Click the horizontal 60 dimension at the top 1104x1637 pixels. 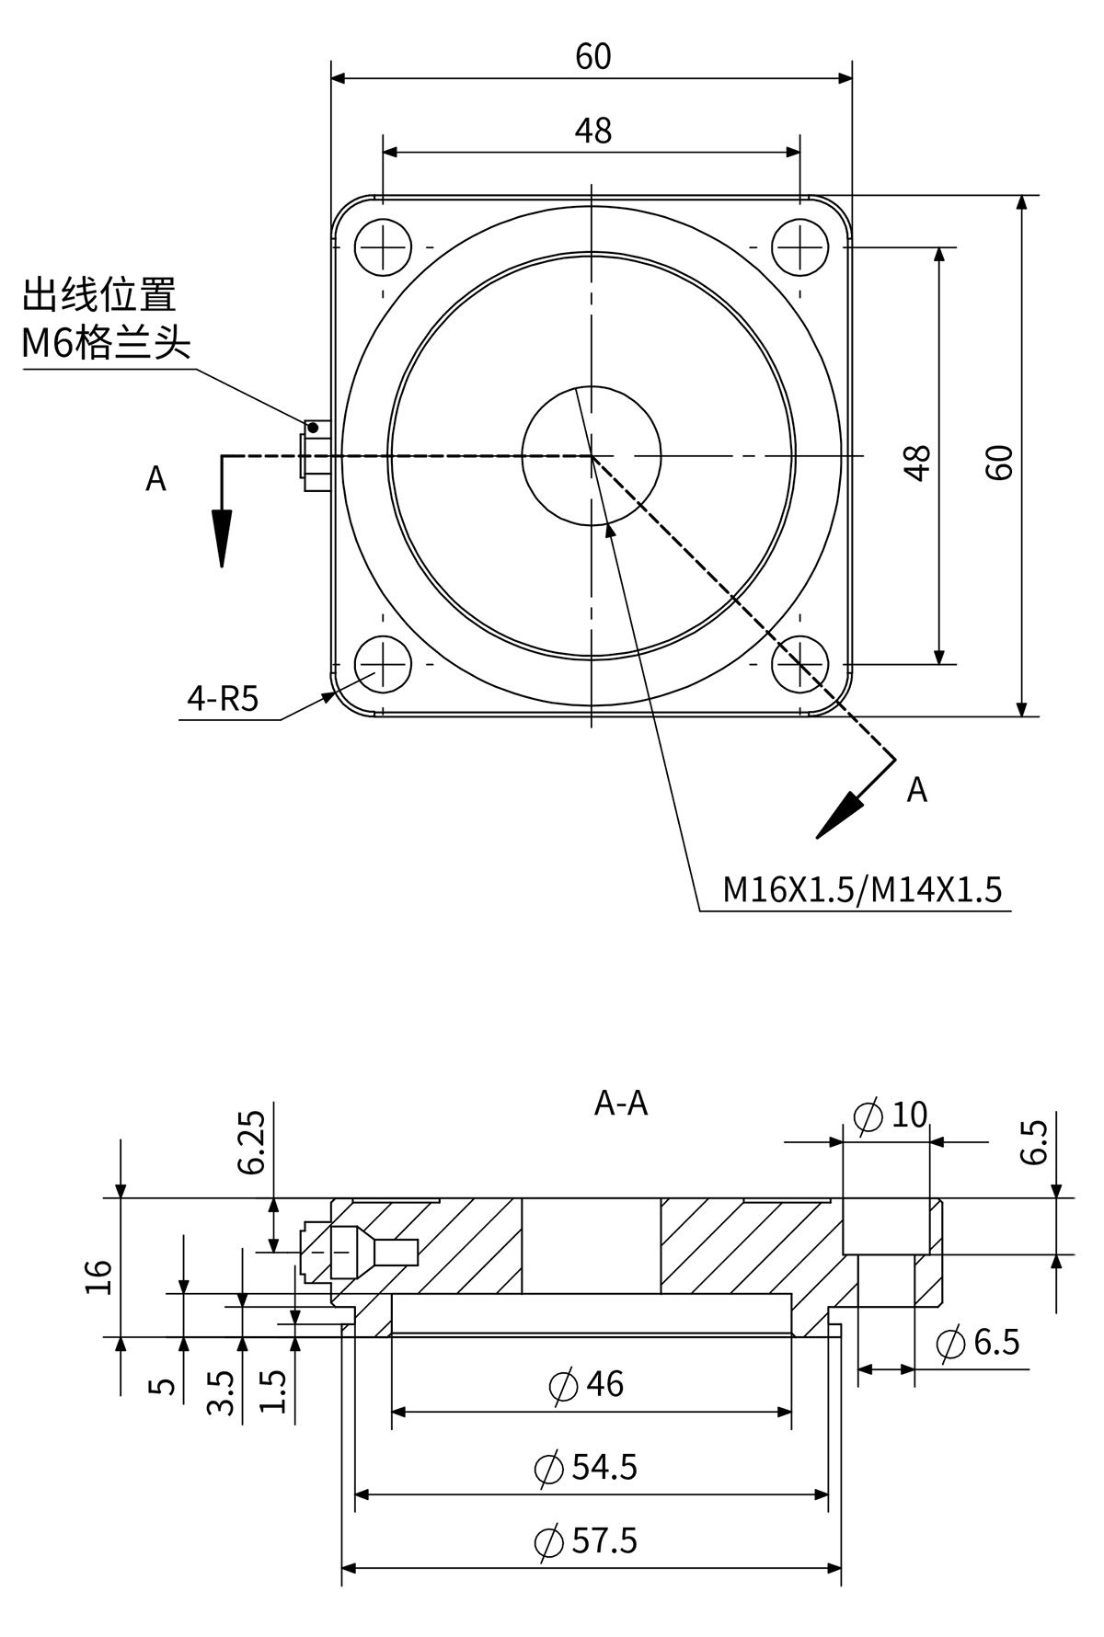[592, 57]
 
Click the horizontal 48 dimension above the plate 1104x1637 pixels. [592, 131]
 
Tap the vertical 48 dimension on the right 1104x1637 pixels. [917, 462]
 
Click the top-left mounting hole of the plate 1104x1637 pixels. [382, 247]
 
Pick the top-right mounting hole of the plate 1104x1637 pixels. [800, 247]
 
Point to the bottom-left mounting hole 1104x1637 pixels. [382, 664]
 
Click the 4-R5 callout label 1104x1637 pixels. [223, 700]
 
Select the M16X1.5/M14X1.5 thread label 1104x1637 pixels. [862, 890]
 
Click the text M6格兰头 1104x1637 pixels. [106, 344]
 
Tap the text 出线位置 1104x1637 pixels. [99, 296]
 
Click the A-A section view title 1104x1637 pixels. [621, 1103]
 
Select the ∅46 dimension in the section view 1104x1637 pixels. [586, 1384]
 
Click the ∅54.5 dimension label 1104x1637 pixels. [586, 1467]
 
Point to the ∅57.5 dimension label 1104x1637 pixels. [586, 1540]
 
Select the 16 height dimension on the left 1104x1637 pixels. [98, 1276]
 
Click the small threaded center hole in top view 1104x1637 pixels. [592, 455]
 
